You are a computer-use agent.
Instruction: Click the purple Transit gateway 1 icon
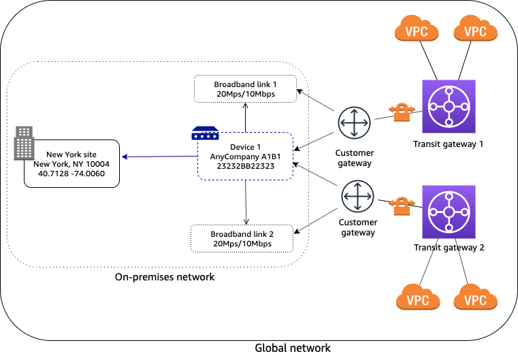[x=448, y=106]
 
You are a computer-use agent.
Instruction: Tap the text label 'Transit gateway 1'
[x=448, y=144]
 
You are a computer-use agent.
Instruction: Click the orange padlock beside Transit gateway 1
[x=399, y=112]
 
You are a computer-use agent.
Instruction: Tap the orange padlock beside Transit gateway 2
[x=402, y=205]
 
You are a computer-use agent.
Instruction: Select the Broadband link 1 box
[x=246, y=88]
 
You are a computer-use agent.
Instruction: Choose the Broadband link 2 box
[x=242, y=238]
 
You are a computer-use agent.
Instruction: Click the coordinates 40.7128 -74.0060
[x=71, y=174]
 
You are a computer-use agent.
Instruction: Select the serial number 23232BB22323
[x=245, y=165]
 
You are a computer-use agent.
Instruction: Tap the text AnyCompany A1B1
[x=245, y=156]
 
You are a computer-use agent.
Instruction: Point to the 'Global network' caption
[x=292, y=348]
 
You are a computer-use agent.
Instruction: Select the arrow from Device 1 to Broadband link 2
[x=245, y=202]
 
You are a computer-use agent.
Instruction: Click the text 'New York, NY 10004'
[x=71, y=164]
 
